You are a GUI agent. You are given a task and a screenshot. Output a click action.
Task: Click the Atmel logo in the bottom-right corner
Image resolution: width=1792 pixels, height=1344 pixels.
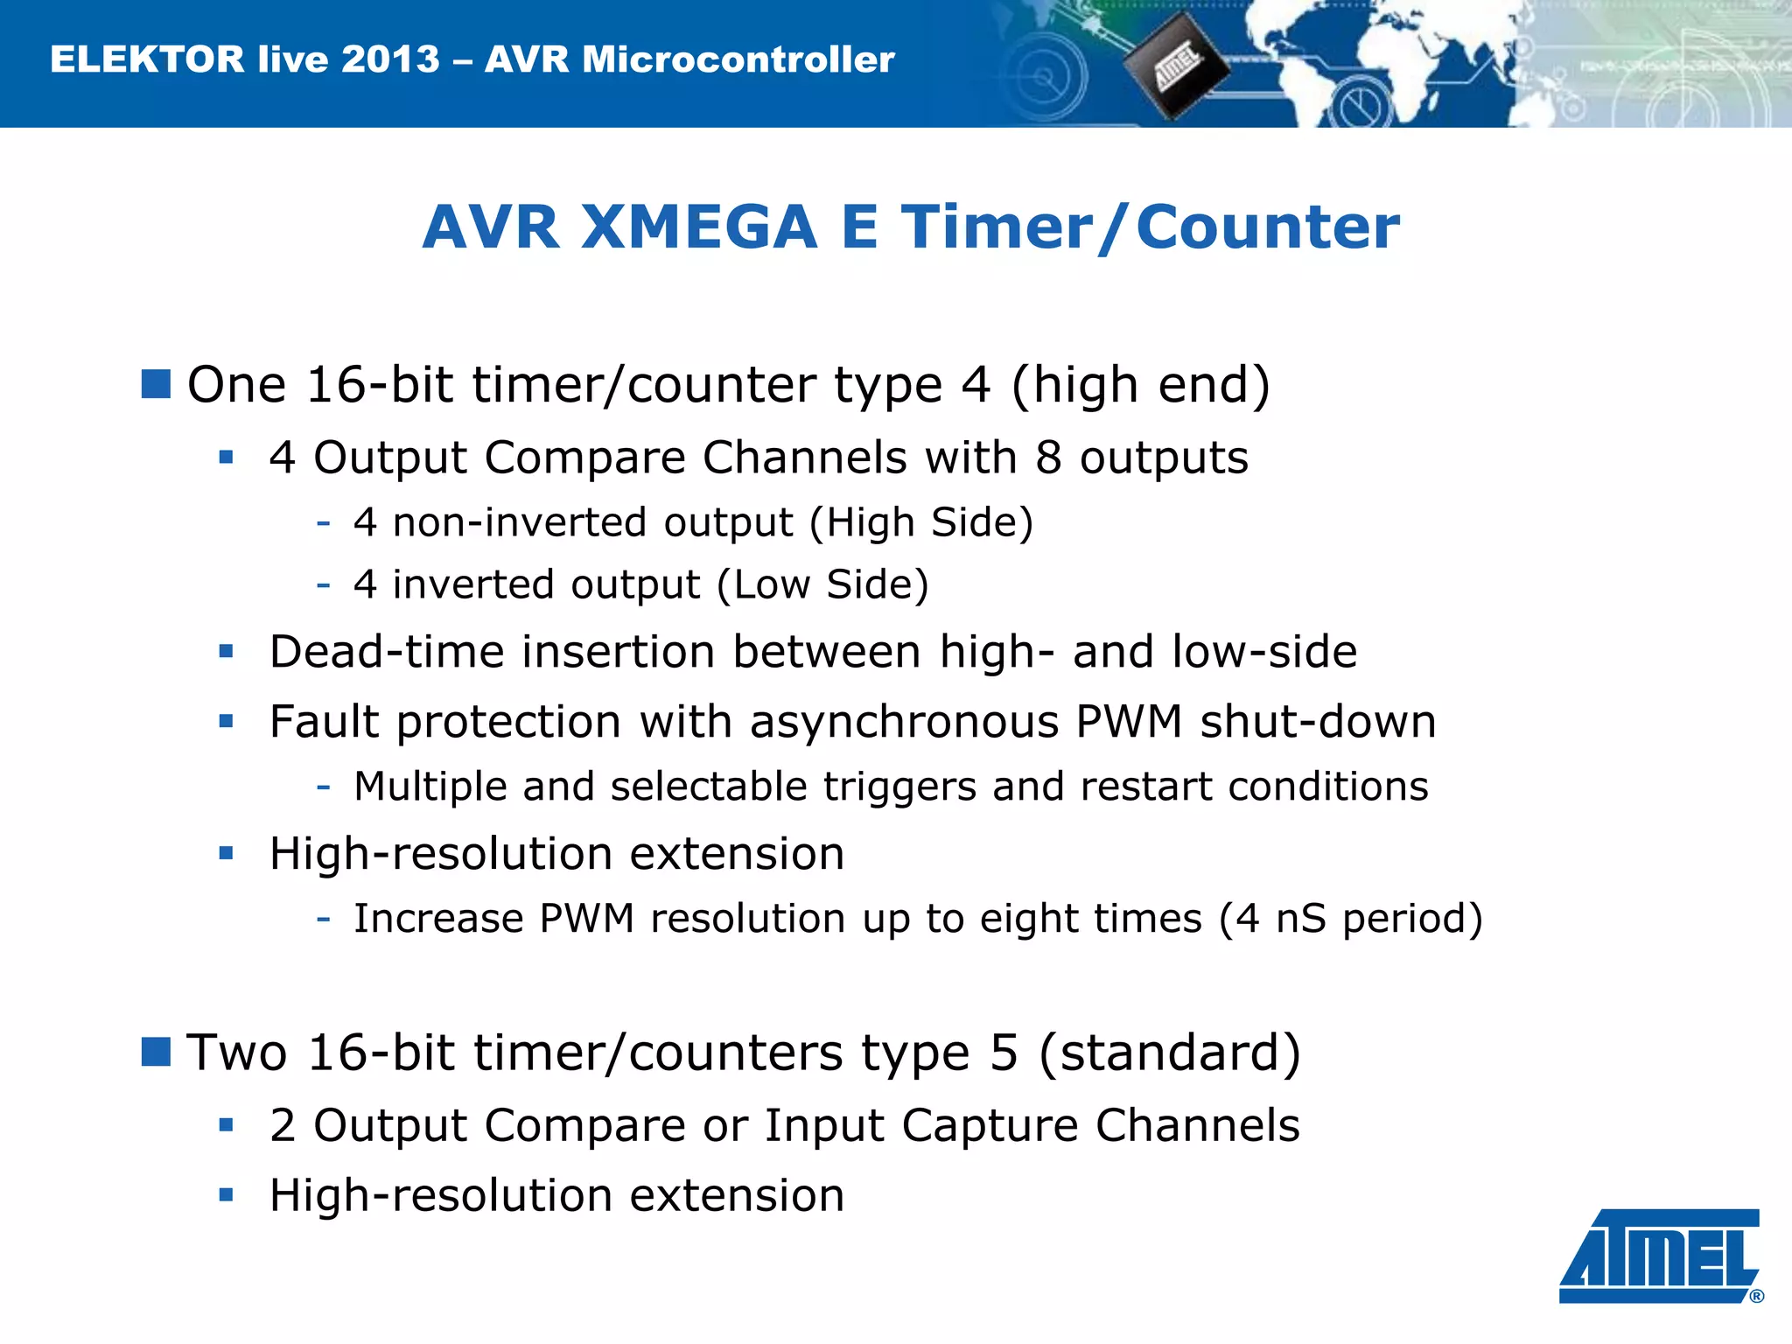tap(1659, 1256)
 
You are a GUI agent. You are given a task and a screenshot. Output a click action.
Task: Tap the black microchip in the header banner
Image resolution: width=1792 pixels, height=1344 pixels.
tap(1176, 66)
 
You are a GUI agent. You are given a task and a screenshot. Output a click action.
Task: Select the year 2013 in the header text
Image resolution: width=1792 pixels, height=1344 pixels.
tap(390, 59)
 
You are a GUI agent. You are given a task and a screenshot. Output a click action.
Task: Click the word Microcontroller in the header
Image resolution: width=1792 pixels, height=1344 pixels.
tap(738, 59)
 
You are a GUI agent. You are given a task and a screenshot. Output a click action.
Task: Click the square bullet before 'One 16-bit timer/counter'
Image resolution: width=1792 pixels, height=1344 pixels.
tap(156, 384)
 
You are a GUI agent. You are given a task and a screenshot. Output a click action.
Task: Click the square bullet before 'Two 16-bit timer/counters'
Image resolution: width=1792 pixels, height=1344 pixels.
tap(156, 1052)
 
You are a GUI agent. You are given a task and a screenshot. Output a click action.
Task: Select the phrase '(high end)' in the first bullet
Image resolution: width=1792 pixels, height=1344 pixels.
tap(1139, 385)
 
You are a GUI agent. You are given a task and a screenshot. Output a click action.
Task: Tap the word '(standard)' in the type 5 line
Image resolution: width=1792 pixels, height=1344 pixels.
tap(1169, 1053)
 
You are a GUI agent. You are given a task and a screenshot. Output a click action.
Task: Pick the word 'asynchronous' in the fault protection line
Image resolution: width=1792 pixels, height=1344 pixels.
tap(904, 723)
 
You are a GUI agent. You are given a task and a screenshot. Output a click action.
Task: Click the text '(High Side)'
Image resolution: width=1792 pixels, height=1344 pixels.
tap(920, 522)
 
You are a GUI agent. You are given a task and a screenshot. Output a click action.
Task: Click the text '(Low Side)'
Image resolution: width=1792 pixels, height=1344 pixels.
tap(822, 584)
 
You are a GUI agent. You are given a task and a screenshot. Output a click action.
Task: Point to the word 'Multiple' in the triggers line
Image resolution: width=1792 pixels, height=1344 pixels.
tap(430, 786)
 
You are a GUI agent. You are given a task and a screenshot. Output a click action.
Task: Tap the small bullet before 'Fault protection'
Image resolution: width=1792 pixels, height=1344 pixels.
tap(227, 722)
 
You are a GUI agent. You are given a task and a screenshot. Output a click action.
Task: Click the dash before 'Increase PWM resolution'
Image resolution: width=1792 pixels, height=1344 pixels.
tap(324, 918)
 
